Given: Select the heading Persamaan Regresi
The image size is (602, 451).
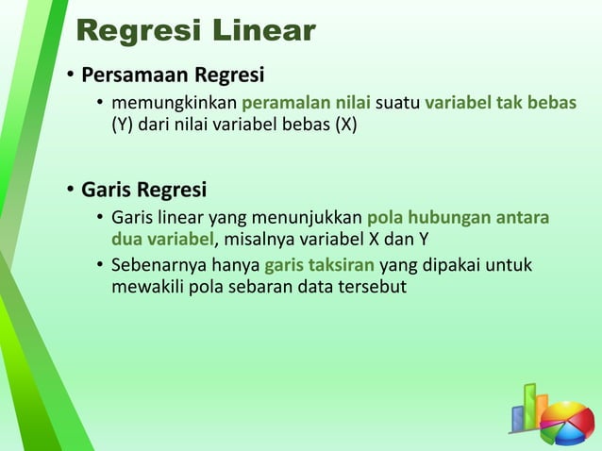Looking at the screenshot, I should pos(173,75).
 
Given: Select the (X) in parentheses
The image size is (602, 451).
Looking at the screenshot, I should pos(342,124).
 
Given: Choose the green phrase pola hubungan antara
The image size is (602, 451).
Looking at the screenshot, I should pos(458,218).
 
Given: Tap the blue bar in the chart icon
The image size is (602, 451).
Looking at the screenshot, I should pos(518,418).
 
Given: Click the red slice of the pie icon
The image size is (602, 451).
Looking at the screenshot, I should pos(575,415).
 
